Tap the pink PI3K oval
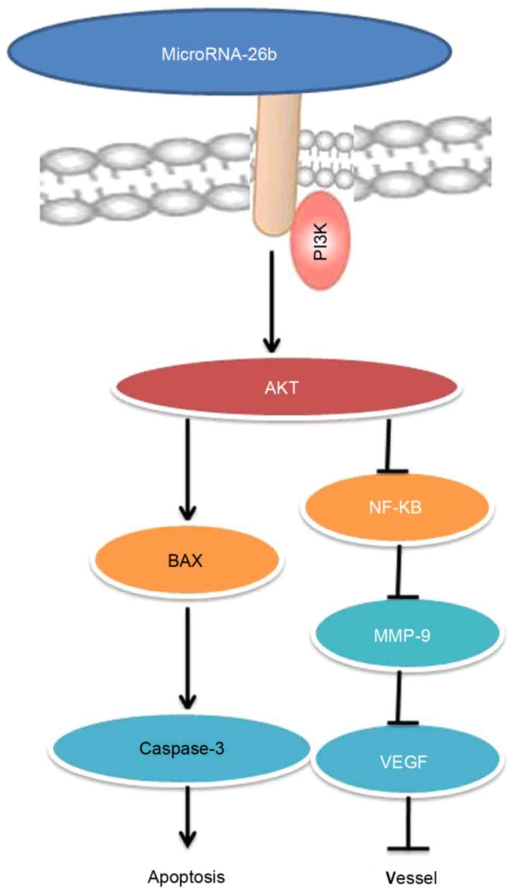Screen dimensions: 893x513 320,241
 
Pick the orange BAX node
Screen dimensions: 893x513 185,560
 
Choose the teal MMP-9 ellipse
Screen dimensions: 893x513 402,634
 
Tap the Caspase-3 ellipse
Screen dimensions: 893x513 182,748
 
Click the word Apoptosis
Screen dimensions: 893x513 186,877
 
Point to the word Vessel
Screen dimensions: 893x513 411,878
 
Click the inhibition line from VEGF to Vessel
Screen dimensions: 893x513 408,825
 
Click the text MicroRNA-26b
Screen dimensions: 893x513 219,54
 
